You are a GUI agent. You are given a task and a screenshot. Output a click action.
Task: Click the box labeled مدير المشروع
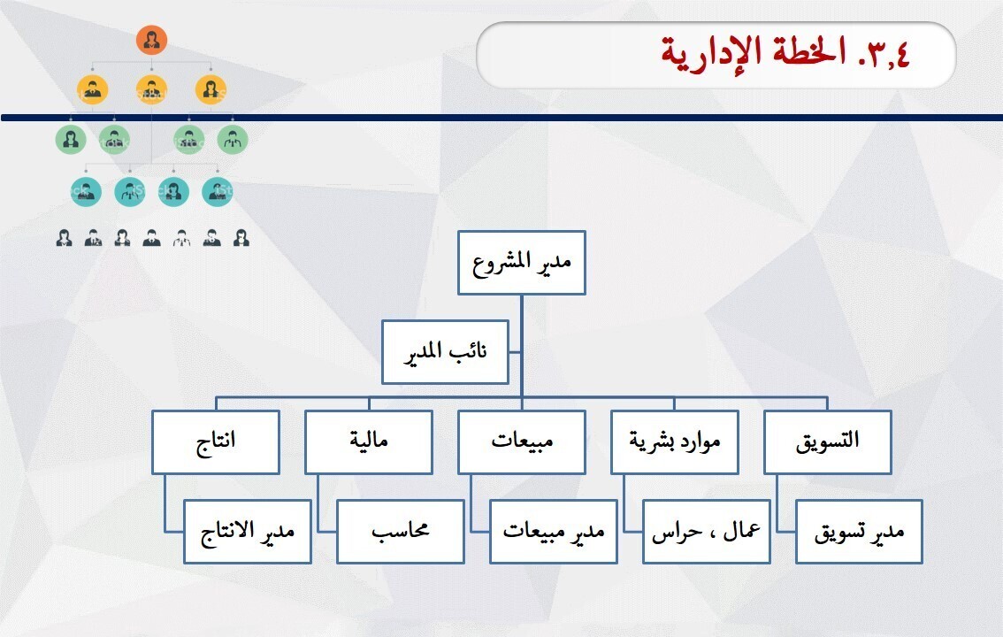tap(522, 262)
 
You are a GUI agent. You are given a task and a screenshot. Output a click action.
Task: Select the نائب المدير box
tap(445, 352)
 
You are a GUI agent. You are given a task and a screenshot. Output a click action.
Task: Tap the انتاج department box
tap(215, 441)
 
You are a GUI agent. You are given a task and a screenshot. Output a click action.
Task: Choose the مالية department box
tap(369, 441)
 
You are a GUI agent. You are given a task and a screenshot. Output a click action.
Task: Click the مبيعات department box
tap(522, 441)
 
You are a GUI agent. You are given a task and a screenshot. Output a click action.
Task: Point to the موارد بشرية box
tap(675, 441)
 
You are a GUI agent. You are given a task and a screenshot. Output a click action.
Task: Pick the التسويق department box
tap(828, 441)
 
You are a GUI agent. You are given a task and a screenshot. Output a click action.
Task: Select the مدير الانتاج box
tap(248, 532)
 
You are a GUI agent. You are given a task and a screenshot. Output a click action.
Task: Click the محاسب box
tap(401, 532)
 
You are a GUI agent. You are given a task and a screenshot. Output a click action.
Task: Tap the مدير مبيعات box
tap(554, 532)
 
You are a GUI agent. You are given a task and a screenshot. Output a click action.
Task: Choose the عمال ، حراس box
tap(707, 532)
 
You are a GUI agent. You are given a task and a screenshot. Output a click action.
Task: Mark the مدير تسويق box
tap(860, 532)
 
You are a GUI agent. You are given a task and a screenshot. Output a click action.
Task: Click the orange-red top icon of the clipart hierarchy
tap(152, 40)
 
